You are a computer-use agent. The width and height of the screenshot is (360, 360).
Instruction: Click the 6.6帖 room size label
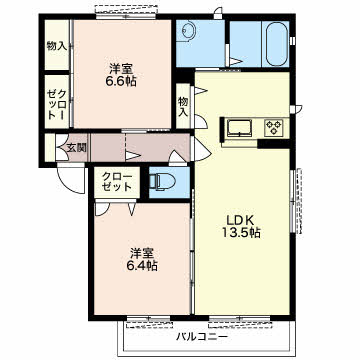(121, 81)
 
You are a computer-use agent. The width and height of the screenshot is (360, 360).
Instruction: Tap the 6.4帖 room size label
(142, 266)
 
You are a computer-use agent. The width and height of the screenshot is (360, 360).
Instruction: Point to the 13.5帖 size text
(241, 233)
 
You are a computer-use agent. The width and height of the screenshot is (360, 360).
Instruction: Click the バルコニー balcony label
(202, 337)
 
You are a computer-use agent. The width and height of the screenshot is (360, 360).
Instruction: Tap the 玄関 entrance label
(77, 148)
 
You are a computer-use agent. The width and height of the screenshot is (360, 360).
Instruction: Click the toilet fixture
(162, 182)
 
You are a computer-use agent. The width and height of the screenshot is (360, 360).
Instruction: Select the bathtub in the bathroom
(277, 44)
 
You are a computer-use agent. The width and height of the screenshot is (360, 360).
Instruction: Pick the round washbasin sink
(190, 31)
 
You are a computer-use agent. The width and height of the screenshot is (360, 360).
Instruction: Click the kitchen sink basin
(240, 127)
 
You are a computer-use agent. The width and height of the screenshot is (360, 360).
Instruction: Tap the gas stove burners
(274, 127)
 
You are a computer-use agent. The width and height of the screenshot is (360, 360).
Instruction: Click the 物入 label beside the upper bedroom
(57, 46)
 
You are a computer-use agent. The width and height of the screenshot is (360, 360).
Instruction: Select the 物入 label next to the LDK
(183, 106)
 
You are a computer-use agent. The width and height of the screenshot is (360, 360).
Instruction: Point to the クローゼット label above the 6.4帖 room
(117, 181)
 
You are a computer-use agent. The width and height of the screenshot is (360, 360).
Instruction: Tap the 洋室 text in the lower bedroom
(142, 253)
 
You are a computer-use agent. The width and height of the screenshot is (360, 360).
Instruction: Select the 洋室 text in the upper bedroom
(121, 69)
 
